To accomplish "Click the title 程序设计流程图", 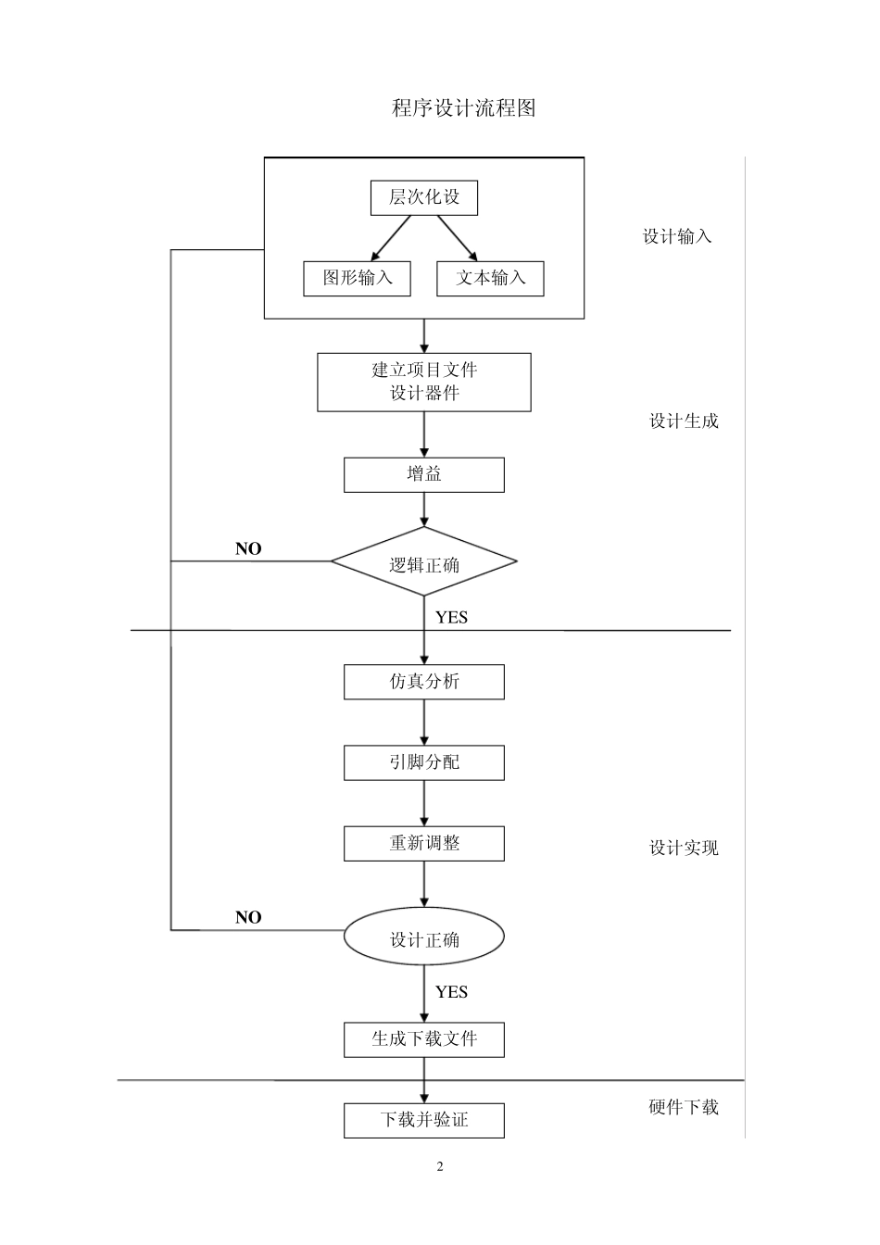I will click(463, 108).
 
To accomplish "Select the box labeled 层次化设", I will click(423, 197).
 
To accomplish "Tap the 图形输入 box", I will click(357, 278).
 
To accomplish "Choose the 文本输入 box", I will click(490, 278).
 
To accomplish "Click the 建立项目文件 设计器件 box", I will click(423, 382).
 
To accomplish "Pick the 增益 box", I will click(423, 474).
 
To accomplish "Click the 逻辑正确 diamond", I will click(423, 562).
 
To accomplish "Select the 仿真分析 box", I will click(423, 682).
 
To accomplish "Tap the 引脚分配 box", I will click(423, 762).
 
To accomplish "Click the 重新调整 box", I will click(423, 844).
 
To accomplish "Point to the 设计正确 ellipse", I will click(423, 938).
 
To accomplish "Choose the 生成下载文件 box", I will click(423, 1039).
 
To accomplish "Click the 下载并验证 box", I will click(423, 1120).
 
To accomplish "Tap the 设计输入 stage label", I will click(677, 236).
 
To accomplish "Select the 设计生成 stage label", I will click(684, 421).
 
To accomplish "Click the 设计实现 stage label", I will click(684, 848).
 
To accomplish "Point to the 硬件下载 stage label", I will click(684, 1107).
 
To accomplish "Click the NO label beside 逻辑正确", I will click(248, 548).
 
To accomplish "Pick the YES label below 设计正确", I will click(451, 992).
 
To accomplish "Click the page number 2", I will click(440, 1166).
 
